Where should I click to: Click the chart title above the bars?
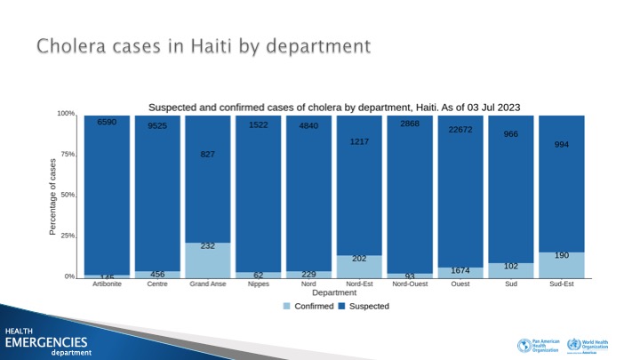click(x=333, y=108)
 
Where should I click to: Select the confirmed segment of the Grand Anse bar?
click(x=208, y=260)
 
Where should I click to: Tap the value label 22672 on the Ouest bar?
click(x=460, y=129)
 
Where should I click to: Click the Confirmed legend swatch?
click(x=286, y=306)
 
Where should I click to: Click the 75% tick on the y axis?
click(x=67, y=155)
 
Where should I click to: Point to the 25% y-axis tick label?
click(x=67, y=236)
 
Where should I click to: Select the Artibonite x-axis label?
click(x=107, y=285)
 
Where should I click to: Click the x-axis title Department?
click(x=334, y=292)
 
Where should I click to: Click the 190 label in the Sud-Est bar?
click(x=561, y=255)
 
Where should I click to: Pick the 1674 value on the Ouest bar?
click(x=460, y=269)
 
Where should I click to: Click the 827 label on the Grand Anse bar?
click(x=208, y=155)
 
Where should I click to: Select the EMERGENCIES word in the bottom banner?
click(x=46, y=342)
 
